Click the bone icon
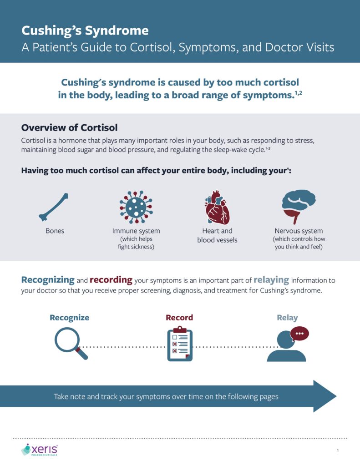[55, 206]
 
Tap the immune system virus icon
[136, 207]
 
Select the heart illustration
[217, 207]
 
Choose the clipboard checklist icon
[179, 344]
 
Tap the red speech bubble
[299, 334]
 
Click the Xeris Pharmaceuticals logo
[40, 450]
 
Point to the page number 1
[338, 450]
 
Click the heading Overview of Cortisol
[70, 127]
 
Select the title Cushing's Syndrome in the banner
[85, 31]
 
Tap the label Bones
[55, 231]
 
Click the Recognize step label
[69, 318]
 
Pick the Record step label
[179, 318]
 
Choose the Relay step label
[287, 318]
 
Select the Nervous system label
[299, 231]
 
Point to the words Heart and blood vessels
[217, 235]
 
